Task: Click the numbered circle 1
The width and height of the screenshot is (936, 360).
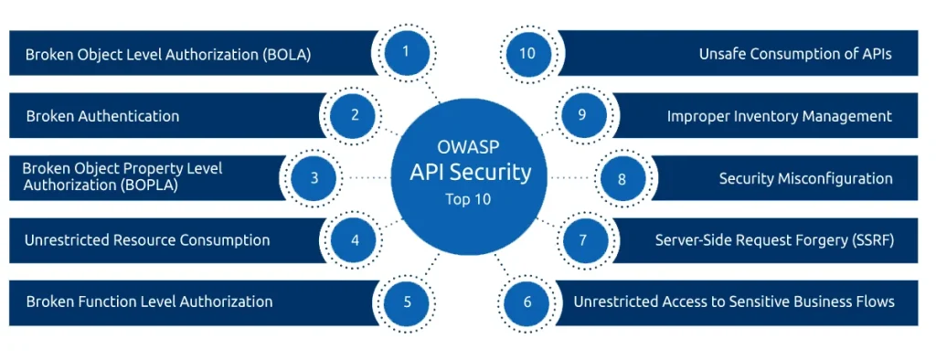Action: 406,51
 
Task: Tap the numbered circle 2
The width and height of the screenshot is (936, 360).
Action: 354,115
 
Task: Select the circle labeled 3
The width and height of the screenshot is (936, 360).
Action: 314,178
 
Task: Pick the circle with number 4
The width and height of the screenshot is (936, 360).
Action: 355,241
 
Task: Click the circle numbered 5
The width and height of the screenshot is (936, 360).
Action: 407,302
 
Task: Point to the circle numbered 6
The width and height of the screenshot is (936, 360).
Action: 526,302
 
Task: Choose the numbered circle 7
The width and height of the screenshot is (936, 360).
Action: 581,241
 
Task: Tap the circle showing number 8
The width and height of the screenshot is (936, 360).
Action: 622,178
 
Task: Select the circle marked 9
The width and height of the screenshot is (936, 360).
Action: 581,115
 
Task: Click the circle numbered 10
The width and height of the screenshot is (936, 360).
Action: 527,52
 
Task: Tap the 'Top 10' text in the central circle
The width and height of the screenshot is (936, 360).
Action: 467,198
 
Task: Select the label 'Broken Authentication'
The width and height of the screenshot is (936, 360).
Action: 102,116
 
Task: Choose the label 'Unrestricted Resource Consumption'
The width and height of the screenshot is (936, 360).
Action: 147,240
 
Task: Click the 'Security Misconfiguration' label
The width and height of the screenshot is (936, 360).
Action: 805,179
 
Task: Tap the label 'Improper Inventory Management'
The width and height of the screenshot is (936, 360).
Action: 779,116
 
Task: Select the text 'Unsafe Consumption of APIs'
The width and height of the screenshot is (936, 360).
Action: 794,54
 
